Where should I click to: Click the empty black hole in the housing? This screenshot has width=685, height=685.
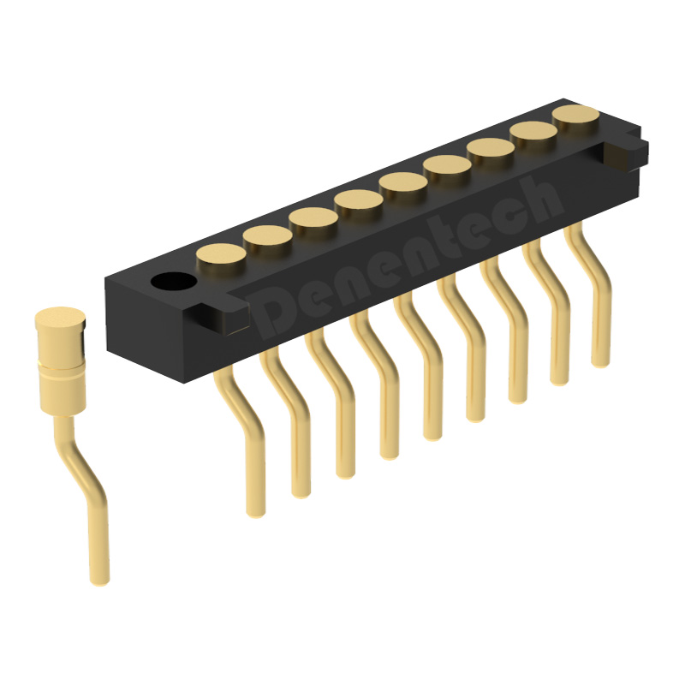pos(174,282)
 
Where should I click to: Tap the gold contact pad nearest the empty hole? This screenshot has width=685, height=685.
pos(221,253)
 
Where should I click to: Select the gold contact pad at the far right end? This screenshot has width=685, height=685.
pos(575,114)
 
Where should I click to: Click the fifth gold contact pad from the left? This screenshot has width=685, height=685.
pos(403,182)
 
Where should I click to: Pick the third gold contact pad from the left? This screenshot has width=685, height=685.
pos(313,217)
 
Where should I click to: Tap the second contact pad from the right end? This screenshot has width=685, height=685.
pos(533,130)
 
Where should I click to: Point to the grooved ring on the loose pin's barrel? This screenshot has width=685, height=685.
pos(62,370)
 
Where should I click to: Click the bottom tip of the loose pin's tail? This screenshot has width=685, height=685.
pos(99,581)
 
